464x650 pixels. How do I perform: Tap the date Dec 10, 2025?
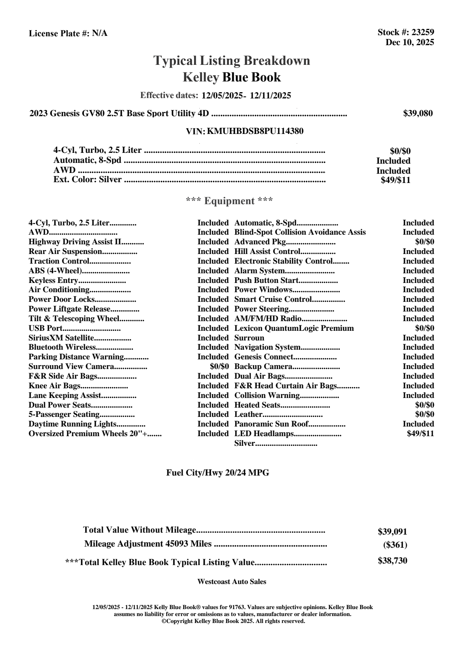410,42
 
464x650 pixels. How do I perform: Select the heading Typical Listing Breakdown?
232,61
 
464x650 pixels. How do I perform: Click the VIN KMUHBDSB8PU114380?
255,131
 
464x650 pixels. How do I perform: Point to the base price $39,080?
418,113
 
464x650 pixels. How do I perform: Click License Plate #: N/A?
68,34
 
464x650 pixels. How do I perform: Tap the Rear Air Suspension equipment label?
65,252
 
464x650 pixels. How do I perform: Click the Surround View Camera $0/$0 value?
219,366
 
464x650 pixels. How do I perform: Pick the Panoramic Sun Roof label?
272,424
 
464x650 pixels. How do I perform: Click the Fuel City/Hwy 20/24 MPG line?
218,472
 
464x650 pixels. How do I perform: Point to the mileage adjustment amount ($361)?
395,545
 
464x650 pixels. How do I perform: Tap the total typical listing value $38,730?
392,561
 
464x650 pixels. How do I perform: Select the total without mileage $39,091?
392,532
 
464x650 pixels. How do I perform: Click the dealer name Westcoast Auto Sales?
231,581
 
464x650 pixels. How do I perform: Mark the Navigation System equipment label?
267,347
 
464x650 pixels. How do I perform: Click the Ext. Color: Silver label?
87,179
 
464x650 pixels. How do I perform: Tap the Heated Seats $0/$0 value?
424,405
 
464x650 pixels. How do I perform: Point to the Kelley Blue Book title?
231,77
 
